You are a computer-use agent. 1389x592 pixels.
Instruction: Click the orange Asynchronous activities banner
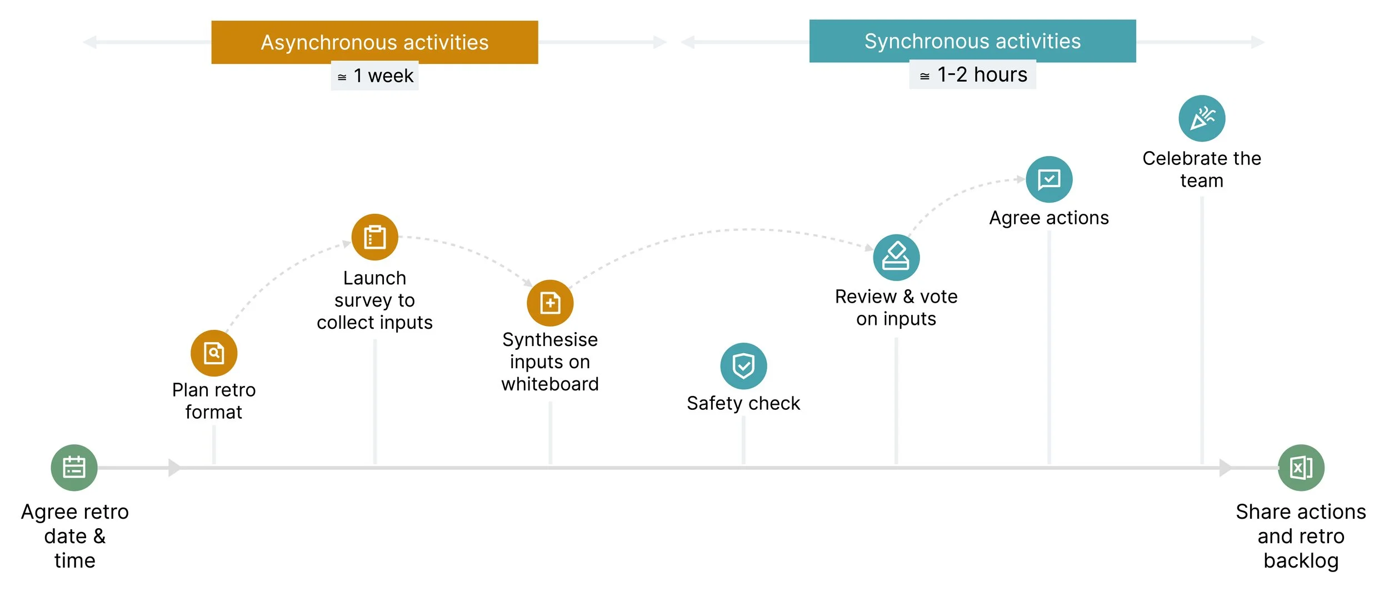coord(374,42)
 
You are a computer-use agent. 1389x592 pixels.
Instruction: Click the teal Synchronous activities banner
coord(972,41)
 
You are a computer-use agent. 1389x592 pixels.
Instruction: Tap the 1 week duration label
coord(375,76)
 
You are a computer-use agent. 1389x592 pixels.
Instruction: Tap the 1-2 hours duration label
coord(972,74)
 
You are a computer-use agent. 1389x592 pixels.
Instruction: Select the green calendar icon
coord(74,468)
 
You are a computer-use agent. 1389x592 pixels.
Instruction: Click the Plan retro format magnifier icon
coord(214,353)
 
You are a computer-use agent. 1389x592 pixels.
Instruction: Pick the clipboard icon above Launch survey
coord(375,237)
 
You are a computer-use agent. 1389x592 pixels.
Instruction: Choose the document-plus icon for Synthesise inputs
coord(550,303)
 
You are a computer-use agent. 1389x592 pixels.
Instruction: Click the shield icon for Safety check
coord(743,366)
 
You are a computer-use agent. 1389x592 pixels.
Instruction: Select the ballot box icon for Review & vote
coord(896,258)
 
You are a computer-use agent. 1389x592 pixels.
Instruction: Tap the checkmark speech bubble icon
coord(1049,179)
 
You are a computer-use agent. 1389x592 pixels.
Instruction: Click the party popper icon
coord(1202,118)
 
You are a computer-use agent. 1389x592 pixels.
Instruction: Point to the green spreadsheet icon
coord(1301,468)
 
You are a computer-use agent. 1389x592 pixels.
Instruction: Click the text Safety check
coord(743,403)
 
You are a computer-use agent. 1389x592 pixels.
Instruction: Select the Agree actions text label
coord(1049,218)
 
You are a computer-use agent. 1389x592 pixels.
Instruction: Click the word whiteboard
coord(550,384)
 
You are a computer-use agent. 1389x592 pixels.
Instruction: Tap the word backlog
coord(1301,561)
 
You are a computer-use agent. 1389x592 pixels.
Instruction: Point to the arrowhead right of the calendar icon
coord(174,468)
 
